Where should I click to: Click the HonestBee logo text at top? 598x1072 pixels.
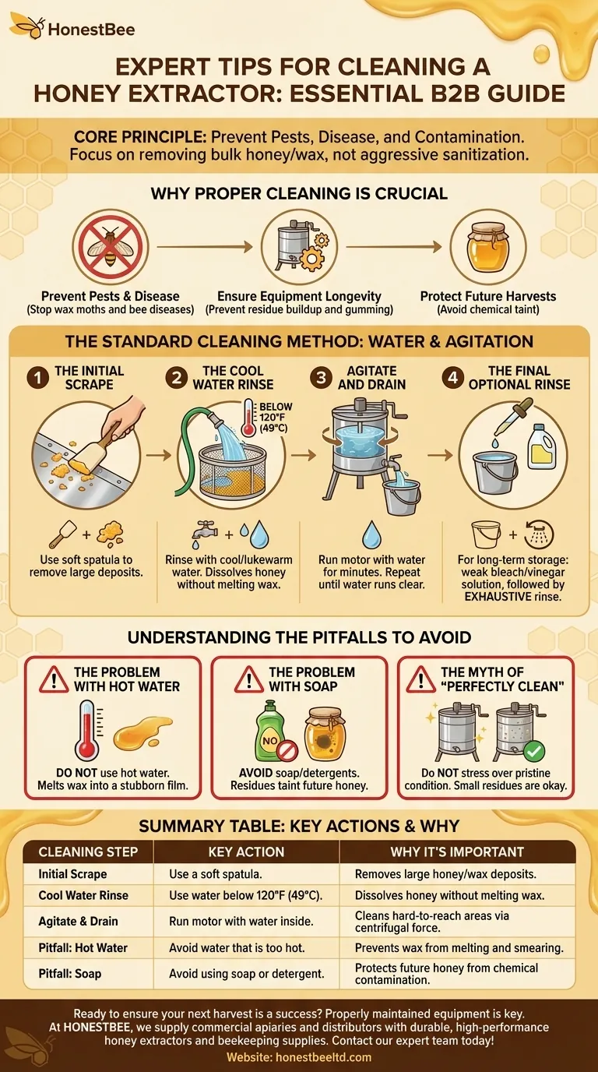(91, 30)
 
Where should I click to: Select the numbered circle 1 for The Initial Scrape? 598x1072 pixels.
(37, 378)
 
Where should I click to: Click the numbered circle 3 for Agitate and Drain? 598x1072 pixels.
(319, 378)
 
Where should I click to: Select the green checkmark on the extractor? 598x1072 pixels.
(534, 752)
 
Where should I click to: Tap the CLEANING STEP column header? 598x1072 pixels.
(88, 852)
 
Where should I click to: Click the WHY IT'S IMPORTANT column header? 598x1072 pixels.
(456, 852)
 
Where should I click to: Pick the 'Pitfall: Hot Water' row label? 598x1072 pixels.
(83, 947)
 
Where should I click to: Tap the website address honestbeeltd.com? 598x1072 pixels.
(299, 1057)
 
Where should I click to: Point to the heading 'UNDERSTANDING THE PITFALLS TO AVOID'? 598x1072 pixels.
(299, 637)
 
